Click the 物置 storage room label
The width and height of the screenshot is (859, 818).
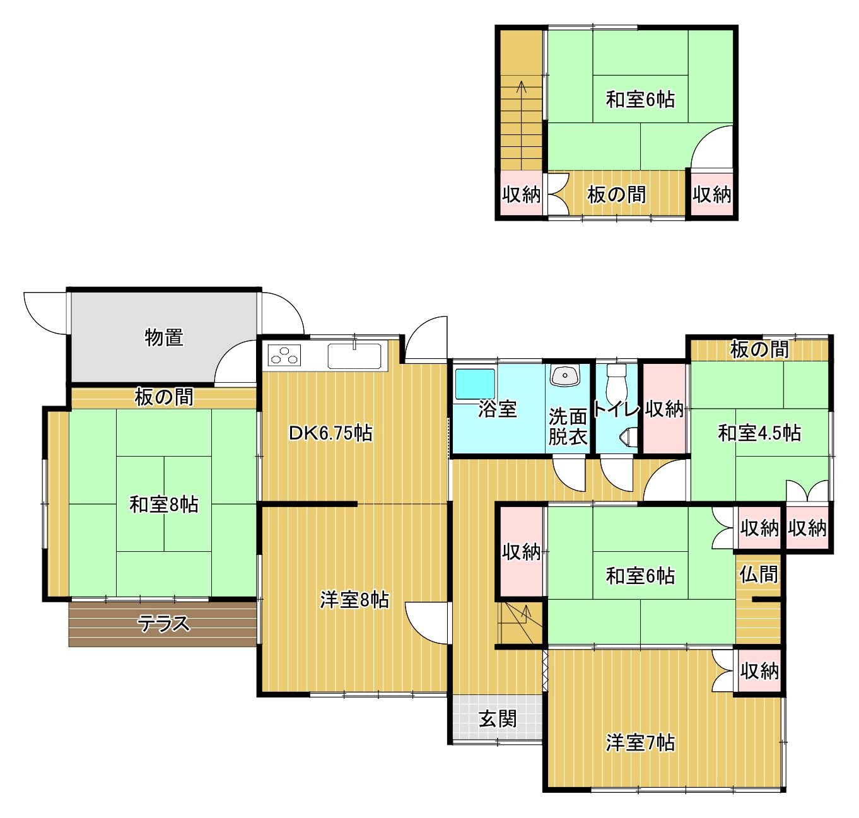(164, 337)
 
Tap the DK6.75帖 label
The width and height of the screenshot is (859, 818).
(330, 433)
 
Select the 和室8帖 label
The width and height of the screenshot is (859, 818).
(164, 505)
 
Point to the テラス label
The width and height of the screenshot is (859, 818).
(164, 624)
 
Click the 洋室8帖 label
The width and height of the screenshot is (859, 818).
(354, 600)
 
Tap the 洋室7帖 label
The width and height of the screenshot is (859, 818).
(640, 742)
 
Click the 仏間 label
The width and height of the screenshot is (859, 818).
(759, 574)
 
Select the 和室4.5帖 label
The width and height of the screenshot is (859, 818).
(759, 433)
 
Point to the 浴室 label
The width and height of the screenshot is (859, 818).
(498, 409)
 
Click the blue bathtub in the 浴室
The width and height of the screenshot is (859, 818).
(475, 383)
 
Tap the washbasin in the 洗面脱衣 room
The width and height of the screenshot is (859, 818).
(565, 375)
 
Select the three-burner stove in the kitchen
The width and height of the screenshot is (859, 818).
(284, 354)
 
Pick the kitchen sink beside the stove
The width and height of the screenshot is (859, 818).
(354, 356)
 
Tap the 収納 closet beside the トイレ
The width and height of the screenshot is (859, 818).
(664, 409)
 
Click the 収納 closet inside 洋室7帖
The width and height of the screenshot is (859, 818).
(759, 670)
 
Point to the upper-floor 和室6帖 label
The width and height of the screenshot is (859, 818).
(640, 99)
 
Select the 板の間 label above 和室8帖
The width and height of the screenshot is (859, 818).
(164, 397)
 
